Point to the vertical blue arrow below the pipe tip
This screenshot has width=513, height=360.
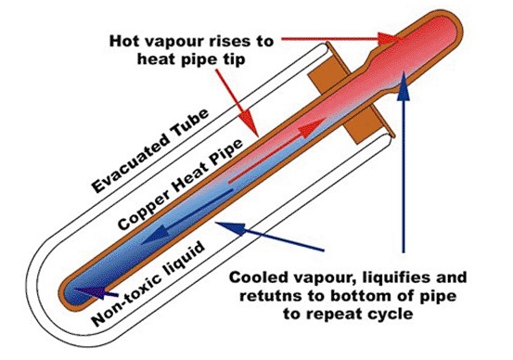point(404,167)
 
